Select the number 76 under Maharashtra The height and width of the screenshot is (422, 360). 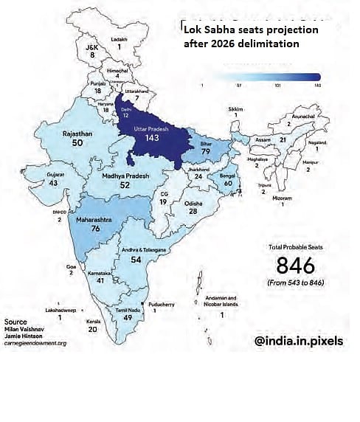point(96,228)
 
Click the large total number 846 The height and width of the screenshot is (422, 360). point(294,266)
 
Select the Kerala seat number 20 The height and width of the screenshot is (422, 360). point(92,330)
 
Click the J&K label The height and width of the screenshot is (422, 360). point(93,46)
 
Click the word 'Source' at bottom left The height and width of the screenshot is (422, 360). point(15,322)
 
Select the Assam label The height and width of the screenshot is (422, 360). point(262,138)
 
